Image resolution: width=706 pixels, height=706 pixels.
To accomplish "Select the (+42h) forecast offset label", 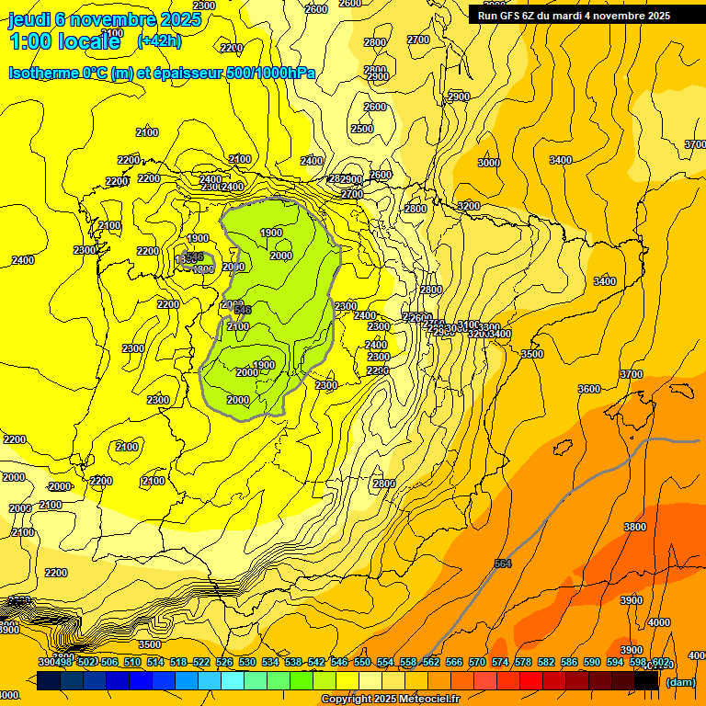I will point(159,41).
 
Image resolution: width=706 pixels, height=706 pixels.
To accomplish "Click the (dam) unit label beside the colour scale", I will point(680,682).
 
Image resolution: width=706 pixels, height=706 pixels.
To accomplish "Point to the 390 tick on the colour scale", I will point(46,663).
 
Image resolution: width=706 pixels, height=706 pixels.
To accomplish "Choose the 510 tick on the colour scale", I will point(132,663).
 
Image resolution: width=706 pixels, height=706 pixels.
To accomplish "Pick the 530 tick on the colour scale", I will point(247,663).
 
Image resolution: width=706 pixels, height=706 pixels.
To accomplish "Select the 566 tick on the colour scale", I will point(454,663).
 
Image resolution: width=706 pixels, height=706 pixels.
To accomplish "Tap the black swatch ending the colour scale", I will point(647,680).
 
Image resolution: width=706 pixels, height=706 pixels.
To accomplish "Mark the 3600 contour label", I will point(589,389).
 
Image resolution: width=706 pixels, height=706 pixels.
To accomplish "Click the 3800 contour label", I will point(634,527).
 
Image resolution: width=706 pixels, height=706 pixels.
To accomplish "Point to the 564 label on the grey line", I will point(502,564).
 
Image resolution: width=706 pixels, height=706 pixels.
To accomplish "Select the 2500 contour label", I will point(362,130).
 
